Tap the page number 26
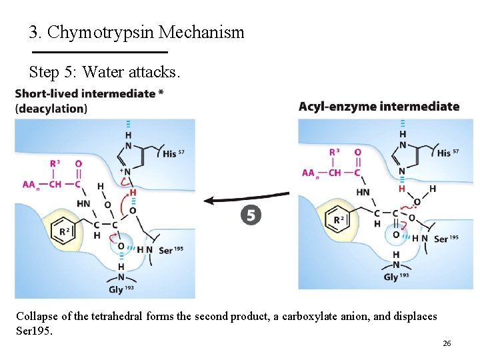tap(447, 343)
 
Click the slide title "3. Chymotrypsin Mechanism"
tap(137, 32)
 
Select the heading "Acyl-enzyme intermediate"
tap(379, 106)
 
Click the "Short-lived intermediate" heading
tap(85, 93)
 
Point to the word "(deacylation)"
tap(51, 108)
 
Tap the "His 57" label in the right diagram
tap(448, 153)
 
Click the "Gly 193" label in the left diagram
tap(120, 289)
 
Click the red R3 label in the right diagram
tap(336, 152)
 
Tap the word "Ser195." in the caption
tap(34, 330)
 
